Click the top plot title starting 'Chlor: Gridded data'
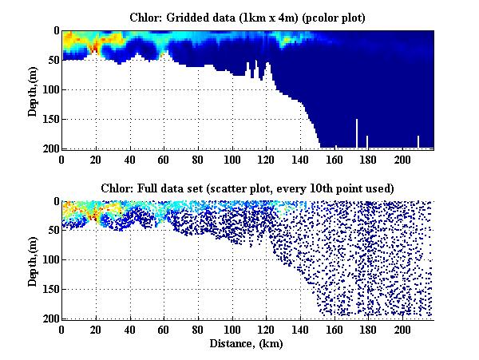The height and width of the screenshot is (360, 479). coord(247,17)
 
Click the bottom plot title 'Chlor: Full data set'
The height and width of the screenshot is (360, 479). coord(247,188)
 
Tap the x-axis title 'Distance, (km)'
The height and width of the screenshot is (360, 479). coord(247,343)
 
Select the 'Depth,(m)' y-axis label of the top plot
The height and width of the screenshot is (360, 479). coord(33,89)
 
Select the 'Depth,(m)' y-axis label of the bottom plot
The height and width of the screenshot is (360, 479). coord(33,259)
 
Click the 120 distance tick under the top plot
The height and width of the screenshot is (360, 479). coord(267,158)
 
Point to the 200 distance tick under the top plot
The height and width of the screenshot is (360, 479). coord(403,158)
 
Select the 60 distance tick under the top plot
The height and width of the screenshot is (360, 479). coord(164,158)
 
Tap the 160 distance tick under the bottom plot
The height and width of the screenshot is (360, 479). coord(335,329)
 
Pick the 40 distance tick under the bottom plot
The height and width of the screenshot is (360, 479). coord(130,329)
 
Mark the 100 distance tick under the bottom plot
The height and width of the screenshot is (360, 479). coord(232,329)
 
